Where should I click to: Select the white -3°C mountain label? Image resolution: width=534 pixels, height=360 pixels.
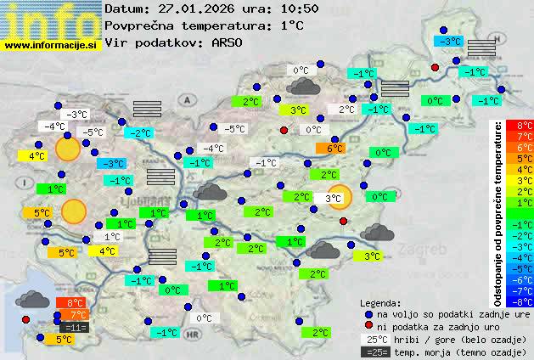click(x=78, y=115)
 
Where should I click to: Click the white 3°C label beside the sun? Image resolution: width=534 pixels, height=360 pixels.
click(x=334, y=199)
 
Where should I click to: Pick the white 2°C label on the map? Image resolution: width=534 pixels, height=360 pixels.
click(x=346, y=110)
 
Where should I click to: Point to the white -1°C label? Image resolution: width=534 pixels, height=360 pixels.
click(x=267, y=163)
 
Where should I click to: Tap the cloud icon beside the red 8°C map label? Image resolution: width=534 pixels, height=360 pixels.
click(x=31, y=299)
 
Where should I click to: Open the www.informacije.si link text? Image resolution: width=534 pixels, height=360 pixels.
click(x=51, y=45)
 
